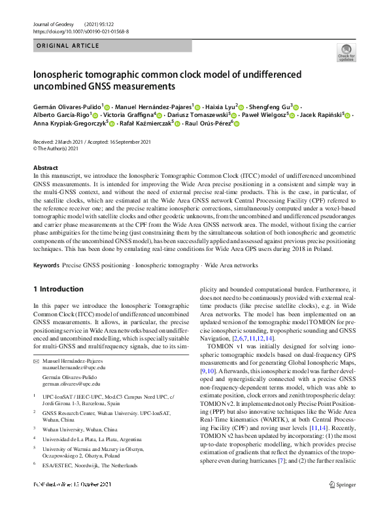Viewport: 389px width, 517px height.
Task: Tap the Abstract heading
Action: click(45, 168)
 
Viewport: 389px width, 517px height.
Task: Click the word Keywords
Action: click(46, 266)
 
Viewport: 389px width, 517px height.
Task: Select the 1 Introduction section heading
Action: click(58, 289)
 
